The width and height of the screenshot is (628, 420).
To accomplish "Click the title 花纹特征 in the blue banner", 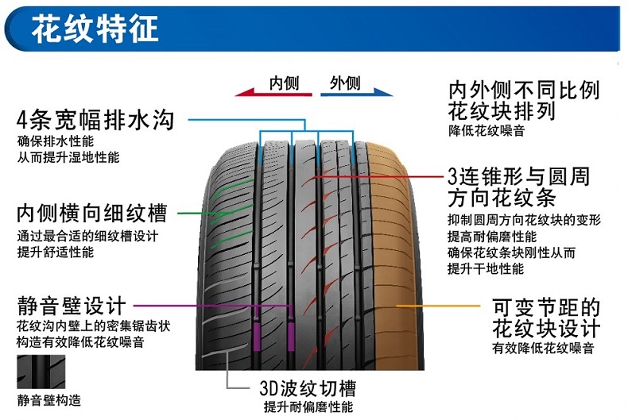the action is point(95,28).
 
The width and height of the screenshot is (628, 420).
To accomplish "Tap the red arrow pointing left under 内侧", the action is point(273,93).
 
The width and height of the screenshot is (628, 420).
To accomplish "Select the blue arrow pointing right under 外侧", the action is point(356,92).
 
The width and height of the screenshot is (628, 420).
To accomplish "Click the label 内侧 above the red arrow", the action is point(285,83).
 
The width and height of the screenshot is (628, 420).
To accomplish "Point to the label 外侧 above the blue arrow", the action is point(345,83).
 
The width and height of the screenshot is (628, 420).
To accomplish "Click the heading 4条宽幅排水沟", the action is point(95,120).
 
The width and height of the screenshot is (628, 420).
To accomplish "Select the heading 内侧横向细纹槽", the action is point(91,213).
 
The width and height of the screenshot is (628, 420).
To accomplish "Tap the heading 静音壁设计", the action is point(72,306).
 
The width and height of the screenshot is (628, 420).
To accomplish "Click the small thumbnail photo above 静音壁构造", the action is point(41,372).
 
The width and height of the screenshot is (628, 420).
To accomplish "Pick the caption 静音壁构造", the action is point(48,400).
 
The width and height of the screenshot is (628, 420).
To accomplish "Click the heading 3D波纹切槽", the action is point(308,387).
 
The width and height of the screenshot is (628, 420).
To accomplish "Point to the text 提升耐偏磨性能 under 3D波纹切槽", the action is point(308,407).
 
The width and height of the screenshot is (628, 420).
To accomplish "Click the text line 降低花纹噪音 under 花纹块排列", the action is point(487,131).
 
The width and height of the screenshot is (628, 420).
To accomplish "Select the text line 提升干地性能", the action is point(486,268).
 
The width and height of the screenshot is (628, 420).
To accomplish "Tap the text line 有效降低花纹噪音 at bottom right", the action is point(543,348).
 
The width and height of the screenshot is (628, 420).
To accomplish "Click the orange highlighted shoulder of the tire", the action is point(390,256).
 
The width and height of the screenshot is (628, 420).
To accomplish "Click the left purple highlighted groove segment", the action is point(257,337).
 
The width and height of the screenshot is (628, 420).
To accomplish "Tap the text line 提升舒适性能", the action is point(56,252).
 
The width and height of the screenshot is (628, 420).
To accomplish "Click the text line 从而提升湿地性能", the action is point(68,157).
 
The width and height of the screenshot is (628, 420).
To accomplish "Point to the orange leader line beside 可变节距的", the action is point(438,306).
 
